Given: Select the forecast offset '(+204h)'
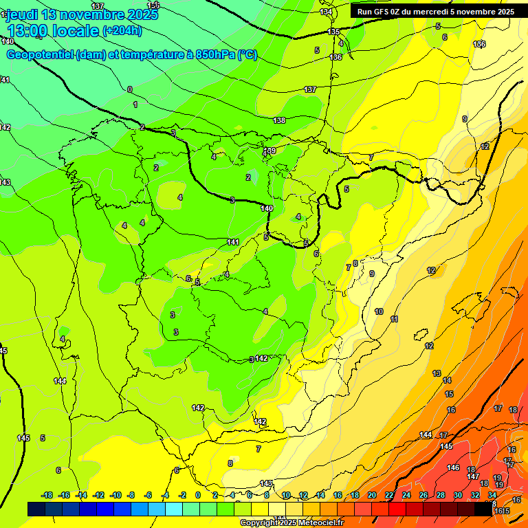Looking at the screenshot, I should tap(122, 30).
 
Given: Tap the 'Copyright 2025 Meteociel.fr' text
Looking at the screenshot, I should tap(291, 522).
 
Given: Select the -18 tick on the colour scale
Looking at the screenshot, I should tap(47, 495).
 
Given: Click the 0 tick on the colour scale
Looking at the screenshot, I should tap(198, 495).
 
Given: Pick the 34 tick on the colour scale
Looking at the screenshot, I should tap(492, 495).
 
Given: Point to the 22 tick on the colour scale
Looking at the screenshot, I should tap(389, 495).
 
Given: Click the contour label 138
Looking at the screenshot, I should tap(279, 121).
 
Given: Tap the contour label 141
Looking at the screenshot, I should tap(233, 242).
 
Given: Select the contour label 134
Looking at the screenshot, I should tap(326, 12).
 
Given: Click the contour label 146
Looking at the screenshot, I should tap(453, 467).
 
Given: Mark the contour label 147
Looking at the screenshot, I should tap(473, 476).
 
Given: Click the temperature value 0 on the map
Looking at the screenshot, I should tap(129, 89).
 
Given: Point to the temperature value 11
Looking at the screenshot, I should tap(394, 319).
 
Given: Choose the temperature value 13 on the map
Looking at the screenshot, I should tap(437, 373).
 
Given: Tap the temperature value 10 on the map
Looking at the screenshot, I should tap(379, 311).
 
